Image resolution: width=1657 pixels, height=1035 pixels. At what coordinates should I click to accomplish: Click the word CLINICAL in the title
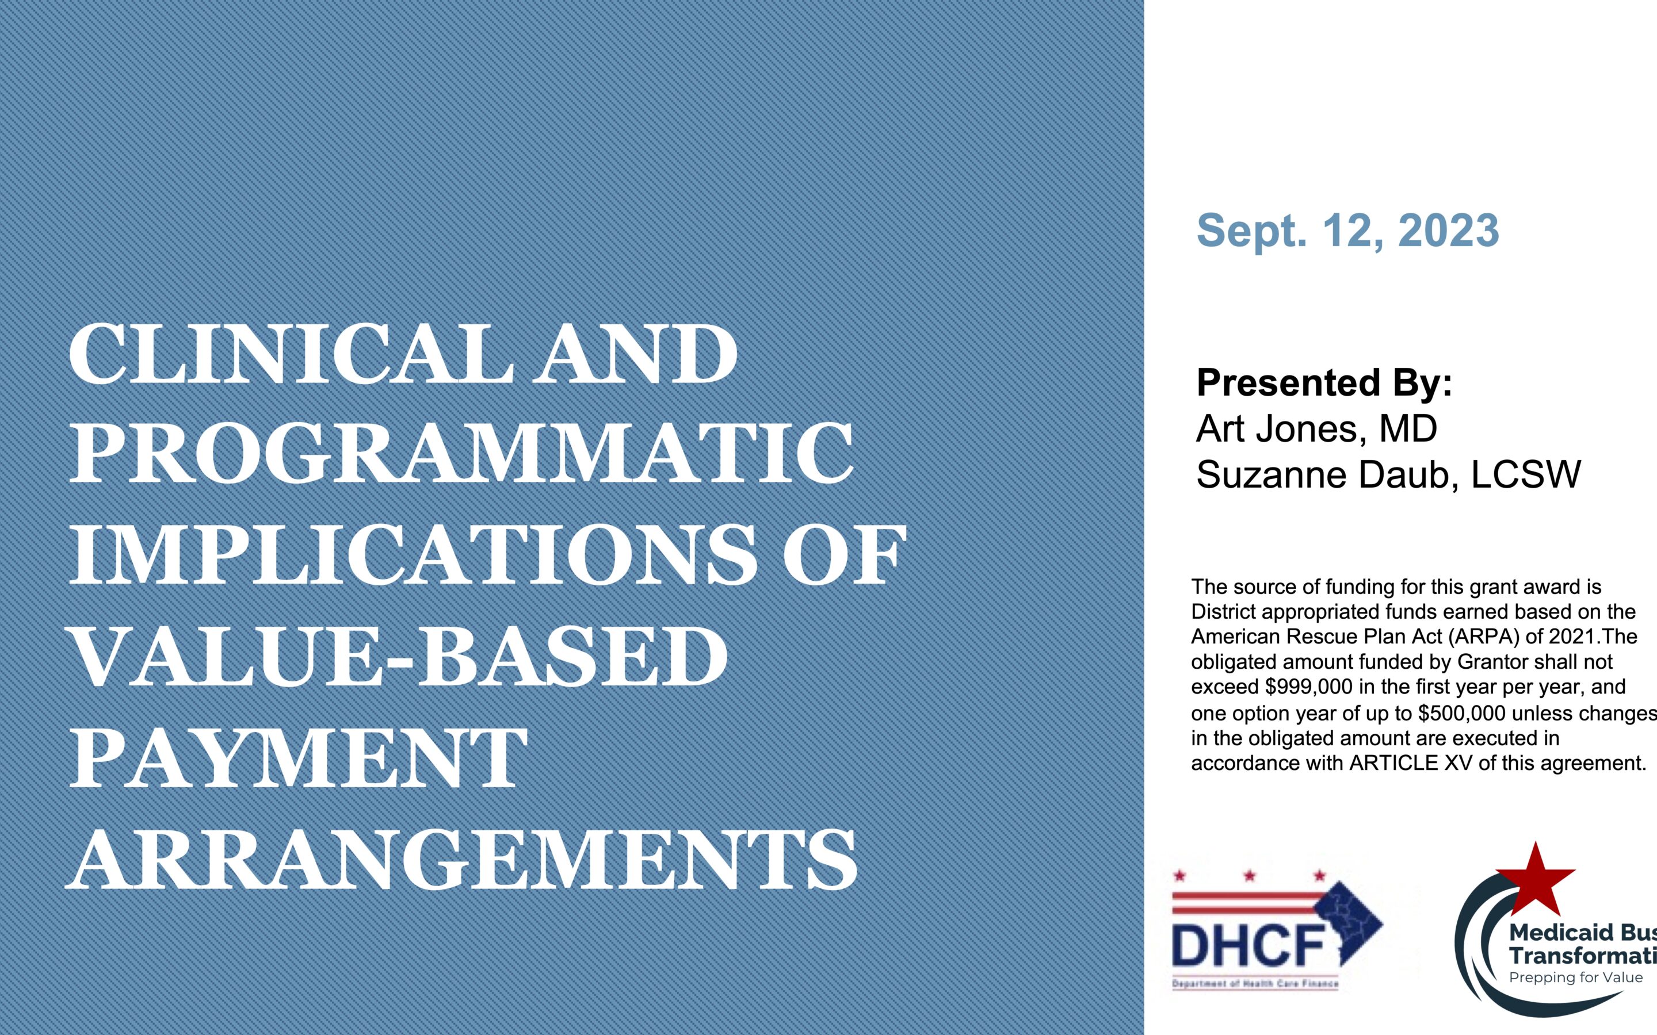[291, 355]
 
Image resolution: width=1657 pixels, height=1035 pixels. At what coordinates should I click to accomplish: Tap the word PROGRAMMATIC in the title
[462, 454]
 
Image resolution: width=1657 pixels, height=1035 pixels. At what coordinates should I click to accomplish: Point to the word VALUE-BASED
[399, 655]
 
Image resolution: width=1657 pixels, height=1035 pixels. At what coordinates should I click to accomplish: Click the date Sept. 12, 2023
[1347, 231]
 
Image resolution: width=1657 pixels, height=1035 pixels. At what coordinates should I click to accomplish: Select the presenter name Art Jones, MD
[1316, 429]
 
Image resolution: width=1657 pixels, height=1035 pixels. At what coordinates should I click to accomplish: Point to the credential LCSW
[1526, 474]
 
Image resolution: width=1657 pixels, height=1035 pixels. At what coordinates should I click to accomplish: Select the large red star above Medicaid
[1536, 880]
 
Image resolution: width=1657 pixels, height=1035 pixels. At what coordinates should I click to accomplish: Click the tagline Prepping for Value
[1575, 977]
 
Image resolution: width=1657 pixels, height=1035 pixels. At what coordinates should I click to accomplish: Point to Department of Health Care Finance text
[1255, 984]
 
